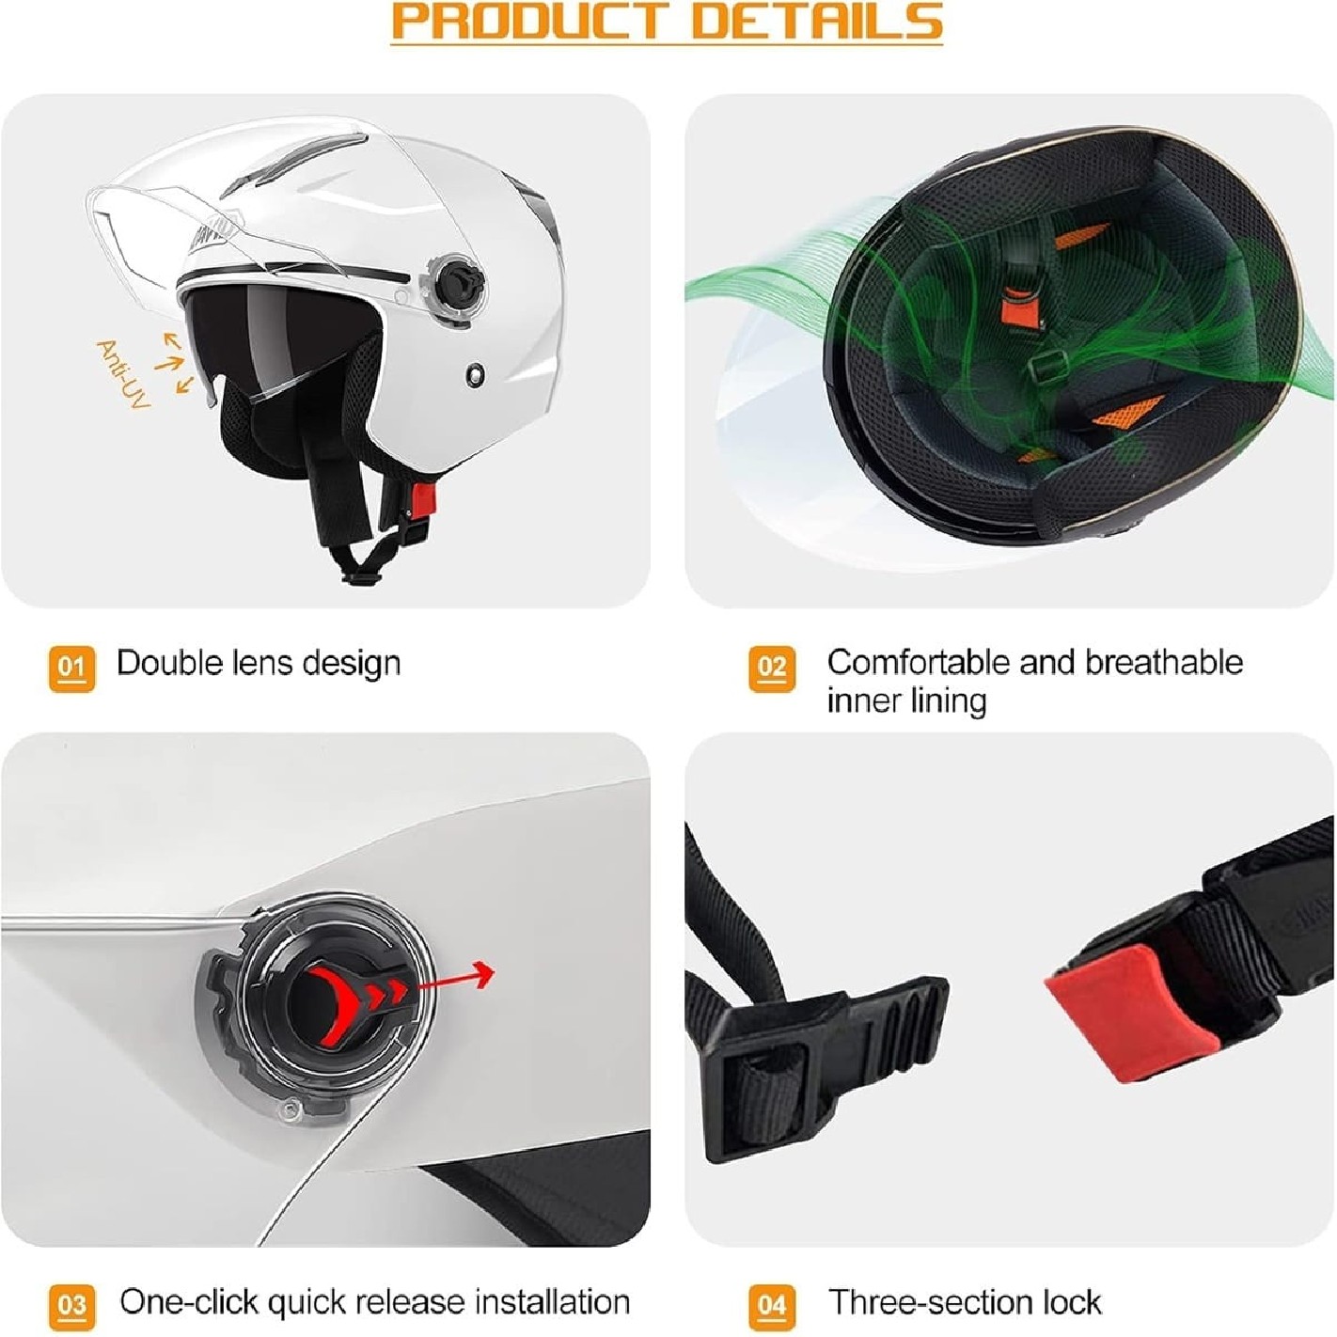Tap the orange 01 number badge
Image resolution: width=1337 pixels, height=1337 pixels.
[x=71, y=668]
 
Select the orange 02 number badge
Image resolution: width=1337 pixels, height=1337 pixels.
[x=772, y=668]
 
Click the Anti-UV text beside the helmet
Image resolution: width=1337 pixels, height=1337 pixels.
[x=123, y=374]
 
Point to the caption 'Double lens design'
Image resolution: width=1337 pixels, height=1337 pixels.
[x=259, y=664]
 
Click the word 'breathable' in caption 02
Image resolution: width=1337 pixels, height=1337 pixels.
[x=1164, y=663]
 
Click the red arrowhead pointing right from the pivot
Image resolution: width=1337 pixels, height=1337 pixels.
[x=482, y=973]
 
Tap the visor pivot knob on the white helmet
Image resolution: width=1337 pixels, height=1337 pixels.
[x=458, y=278]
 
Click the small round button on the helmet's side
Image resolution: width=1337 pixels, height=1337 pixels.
[x=476, y=374]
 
